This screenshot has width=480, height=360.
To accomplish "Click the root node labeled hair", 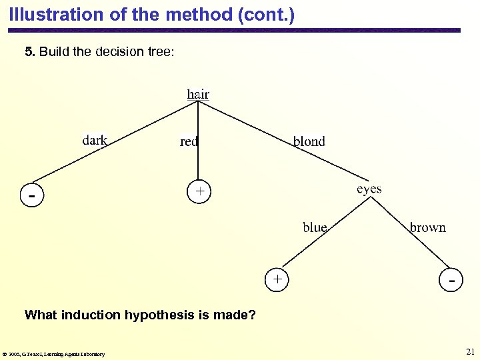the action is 198,94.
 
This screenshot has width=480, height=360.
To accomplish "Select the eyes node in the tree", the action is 369,189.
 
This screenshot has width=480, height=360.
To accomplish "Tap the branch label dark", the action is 95,140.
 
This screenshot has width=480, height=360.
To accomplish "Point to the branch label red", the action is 189,141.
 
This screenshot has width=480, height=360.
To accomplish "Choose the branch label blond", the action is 309,141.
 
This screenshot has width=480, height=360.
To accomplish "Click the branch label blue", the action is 315,227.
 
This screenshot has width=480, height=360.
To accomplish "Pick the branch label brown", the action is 427,227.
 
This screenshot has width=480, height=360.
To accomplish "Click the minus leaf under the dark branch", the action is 31,196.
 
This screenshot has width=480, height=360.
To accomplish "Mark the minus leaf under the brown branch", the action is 453,281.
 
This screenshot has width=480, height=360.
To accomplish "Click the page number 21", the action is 469,352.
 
